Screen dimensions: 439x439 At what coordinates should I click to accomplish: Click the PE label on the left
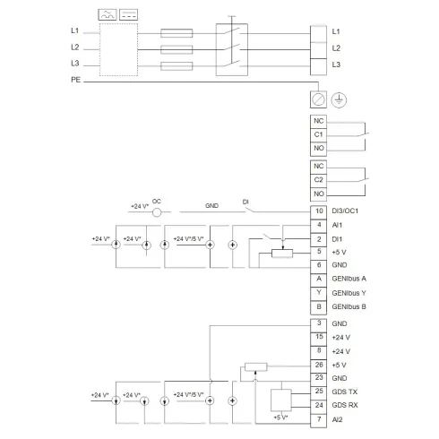click(75, 81)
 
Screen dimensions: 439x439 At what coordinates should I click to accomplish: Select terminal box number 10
click(318, 210)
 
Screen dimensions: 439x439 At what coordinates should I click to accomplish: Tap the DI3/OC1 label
click(345, 210)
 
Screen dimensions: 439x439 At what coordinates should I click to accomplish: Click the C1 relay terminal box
click(318, 134)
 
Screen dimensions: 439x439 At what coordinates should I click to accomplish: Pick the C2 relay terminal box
click(318, 179)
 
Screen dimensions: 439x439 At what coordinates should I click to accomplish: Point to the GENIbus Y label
click(349, 292)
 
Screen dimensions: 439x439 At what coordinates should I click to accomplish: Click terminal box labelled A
click(318, 279)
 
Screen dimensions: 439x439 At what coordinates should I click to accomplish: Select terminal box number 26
click(318, 365)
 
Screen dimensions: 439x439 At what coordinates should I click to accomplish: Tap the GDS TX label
click(345, 392)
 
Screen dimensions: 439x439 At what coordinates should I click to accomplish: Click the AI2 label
click(338, 420)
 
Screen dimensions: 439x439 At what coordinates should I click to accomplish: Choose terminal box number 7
click(318, 420)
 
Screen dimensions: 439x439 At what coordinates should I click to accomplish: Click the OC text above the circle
click(157, 201)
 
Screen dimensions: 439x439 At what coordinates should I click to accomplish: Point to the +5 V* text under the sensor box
click(280, 418)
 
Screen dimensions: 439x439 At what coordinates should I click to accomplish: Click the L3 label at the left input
click(75, 65)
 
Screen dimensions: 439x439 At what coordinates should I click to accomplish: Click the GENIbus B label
click(349, 306)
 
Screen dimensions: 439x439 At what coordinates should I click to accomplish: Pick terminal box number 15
click(318, 337)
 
